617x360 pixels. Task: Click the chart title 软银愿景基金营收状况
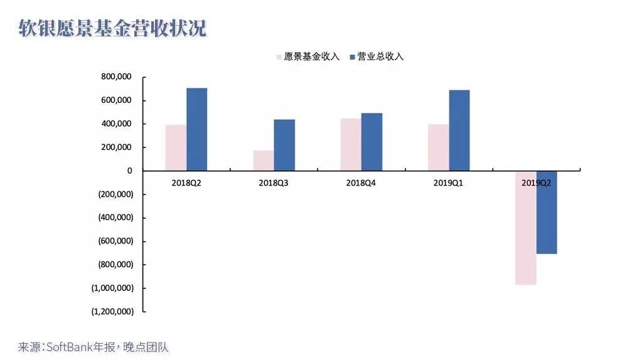(x=112, y=29)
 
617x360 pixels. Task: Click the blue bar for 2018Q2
(x=196, y=129)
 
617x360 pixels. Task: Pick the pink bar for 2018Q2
(x=176, y=147)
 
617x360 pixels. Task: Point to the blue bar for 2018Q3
(x=284, y=145)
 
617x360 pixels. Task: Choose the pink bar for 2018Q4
(x=350, y=144)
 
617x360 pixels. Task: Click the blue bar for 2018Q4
(x=372, y=142)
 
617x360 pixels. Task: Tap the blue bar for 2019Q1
(x=459, y=130)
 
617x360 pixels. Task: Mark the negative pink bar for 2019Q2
(x=525, y=228)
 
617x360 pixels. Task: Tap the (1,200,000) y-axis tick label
(x=112, y=311)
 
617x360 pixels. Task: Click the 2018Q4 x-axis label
(x=361, y=183)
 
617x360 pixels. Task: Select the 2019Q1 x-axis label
(x=448, y=183)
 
